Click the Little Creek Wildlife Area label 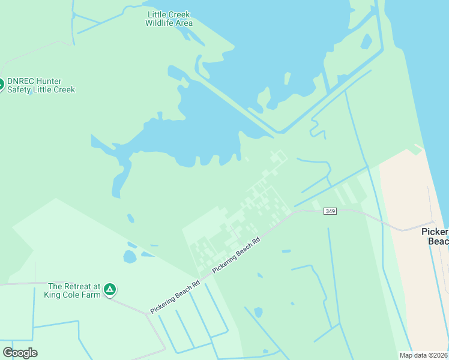[x=169, y=19]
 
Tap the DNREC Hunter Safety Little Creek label [x=41, y=85]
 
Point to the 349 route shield [x=330, y=211]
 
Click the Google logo [x=20, y=353]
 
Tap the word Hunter [x=49, y=81]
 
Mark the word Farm [x=91, y=295]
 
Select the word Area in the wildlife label [x=184, y=23]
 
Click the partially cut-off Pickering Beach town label [x=435, y=236]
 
